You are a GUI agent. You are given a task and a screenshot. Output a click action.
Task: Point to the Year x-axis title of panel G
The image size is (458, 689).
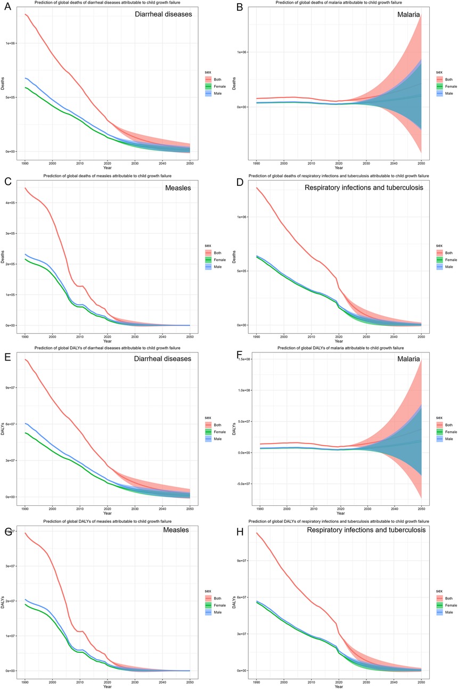[107, 685]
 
